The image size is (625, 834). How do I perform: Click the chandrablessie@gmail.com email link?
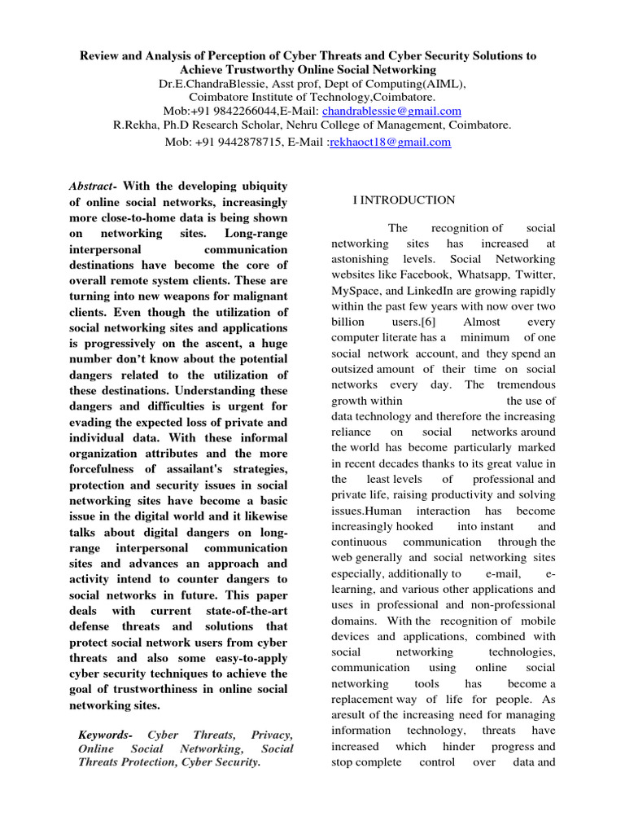coord(380,111)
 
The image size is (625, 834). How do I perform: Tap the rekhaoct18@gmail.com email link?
coord(390,142)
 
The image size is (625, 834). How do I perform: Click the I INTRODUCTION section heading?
coord(404,200)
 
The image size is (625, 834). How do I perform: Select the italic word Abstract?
coord(91,187)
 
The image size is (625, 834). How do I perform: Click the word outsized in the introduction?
coord(353,370)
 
